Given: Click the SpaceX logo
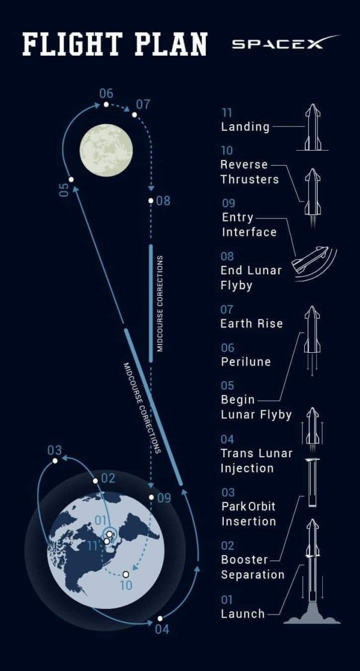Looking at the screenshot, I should (x=284, y=44).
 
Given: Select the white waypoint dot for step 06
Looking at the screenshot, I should (x=106, y=104).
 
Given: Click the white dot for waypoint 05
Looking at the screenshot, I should (x=71, y=179).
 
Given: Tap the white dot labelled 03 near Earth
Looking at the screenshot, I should (x=55, y=460).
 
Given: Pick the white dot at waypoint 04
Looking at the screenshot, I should (x=160, y=618).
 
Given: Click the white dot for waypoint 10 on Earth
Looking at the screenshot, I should (x=125, y=574).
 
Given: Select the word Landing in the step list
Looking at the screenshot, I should (x=245, y=127).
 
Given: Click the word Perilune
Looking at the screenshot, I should (x=245, y=361).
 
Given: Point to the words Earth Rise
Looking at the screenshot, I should (x=251, y=323).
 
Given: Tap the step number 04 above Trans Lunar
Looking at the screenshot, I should (x=227, y=440).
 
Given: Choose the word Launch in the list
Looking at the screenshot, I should (x=242, y=613).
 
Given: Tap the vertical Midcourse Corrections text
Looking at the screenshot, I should (x=160, y=303).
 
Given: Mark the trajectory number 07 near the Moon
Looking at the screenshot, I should (x=143, y=104).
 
